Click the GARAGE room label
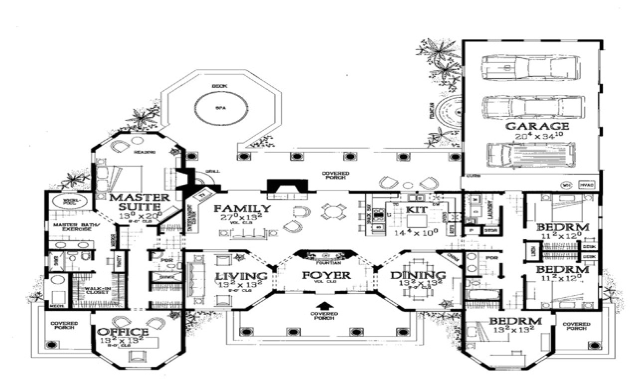point(531,126)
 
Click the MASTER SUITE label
point(135,202)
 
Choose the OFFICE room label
point(123,332)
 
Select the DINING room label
point(417,275)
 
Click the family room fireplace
point(288,187)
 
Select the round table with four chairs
point(331,212)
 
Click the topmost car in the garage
point(531,67)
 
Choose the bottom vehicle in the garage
point(531,154)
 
